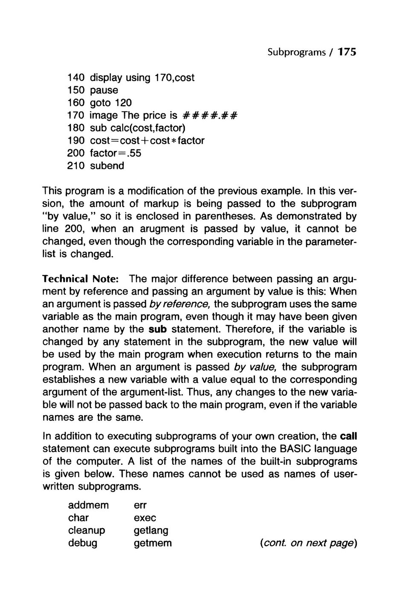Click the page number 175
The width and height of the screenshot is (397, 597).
pos(347,52)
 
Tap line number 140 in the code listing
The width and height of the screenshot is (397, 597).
pos(77,78)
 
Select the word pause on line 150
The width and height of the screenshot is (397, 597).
pos(104,90)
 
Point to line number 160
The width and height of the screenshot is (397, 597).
pos(77,103)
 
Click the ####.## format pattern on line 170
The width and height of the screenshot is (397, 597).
pos(210,116)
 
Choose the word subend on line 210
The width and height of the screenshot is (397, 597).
pos(107,165)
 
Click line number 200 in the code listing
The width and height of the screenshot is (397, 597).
pos(77,153)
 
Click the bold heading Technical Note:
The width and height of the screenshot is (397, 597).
pos(80,279)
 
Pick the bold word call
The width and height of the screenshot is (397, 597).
pos(348,437)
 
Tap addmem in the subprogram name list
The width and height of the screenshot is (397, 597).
pos(88,505)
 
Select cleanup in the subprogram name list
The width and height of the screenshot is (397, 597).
pos(87,530)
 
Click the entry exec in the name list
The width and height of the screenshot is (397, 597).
pos(145,518)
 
